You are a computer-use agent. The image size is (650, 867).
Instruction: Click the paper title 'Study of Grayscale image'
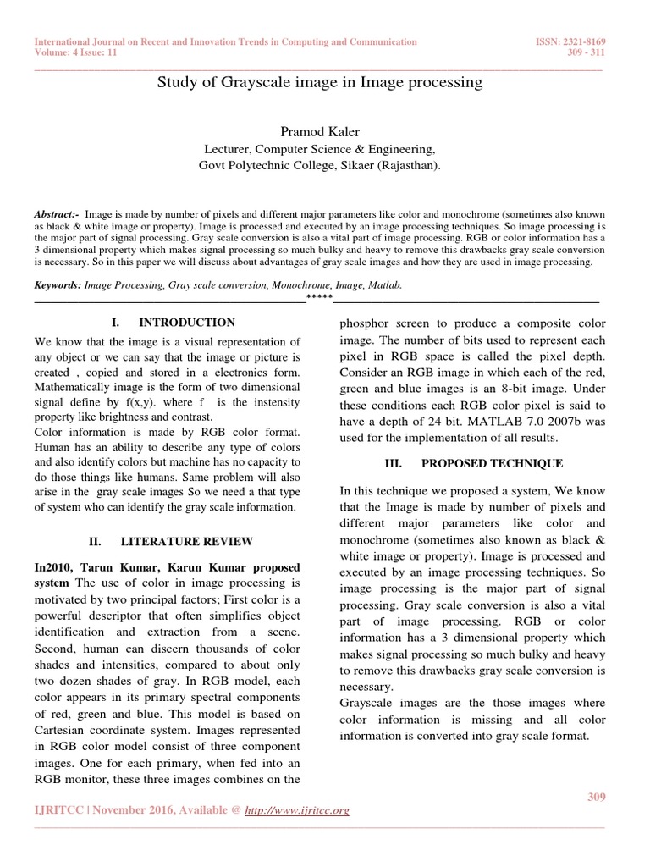tap(320, 82)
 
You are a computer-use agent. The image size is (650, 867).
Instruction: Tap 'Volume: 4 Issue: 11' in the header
tap(76, 52)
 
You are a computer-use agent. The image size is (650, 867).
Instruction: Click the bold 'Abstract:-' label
tap(58, 215)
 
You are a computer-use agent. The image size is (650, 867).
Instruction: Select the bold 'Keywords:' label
tap(58, 286)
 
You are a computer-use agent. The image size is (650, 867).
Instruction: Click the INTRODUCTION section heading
tap(186, 323)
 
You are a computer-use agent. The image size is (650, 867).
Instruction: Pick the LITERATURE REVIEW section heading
tap(186, 541)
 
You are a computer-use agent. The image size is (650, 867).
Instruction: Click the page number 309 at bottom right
tap(597, 797)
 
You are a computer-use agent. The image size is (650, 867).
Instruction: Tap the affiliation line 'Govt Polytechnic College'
tap(319, 166)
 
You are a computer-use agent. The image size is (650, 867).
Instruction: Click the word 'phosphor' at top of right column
tap(365, 323)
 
